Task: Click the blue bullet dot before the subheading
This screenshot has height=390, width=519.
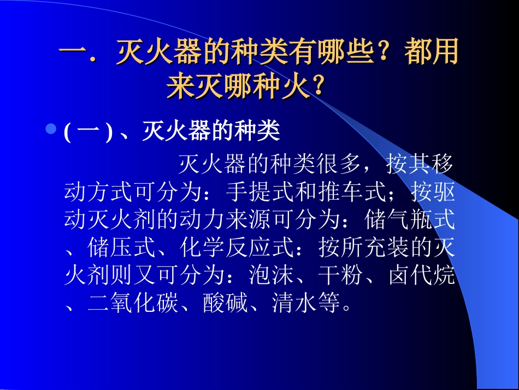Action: pos(51,130)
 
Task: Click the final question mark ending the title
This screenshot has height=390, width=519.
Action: pos(316,88)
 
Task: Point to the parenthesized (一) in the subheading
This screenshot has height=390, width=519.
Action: pos(88,132)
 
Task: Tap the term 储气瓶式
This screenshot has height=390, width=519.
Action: pos(409,221)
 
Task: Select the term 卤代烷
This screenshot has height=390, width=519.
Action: pos(421,276)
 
